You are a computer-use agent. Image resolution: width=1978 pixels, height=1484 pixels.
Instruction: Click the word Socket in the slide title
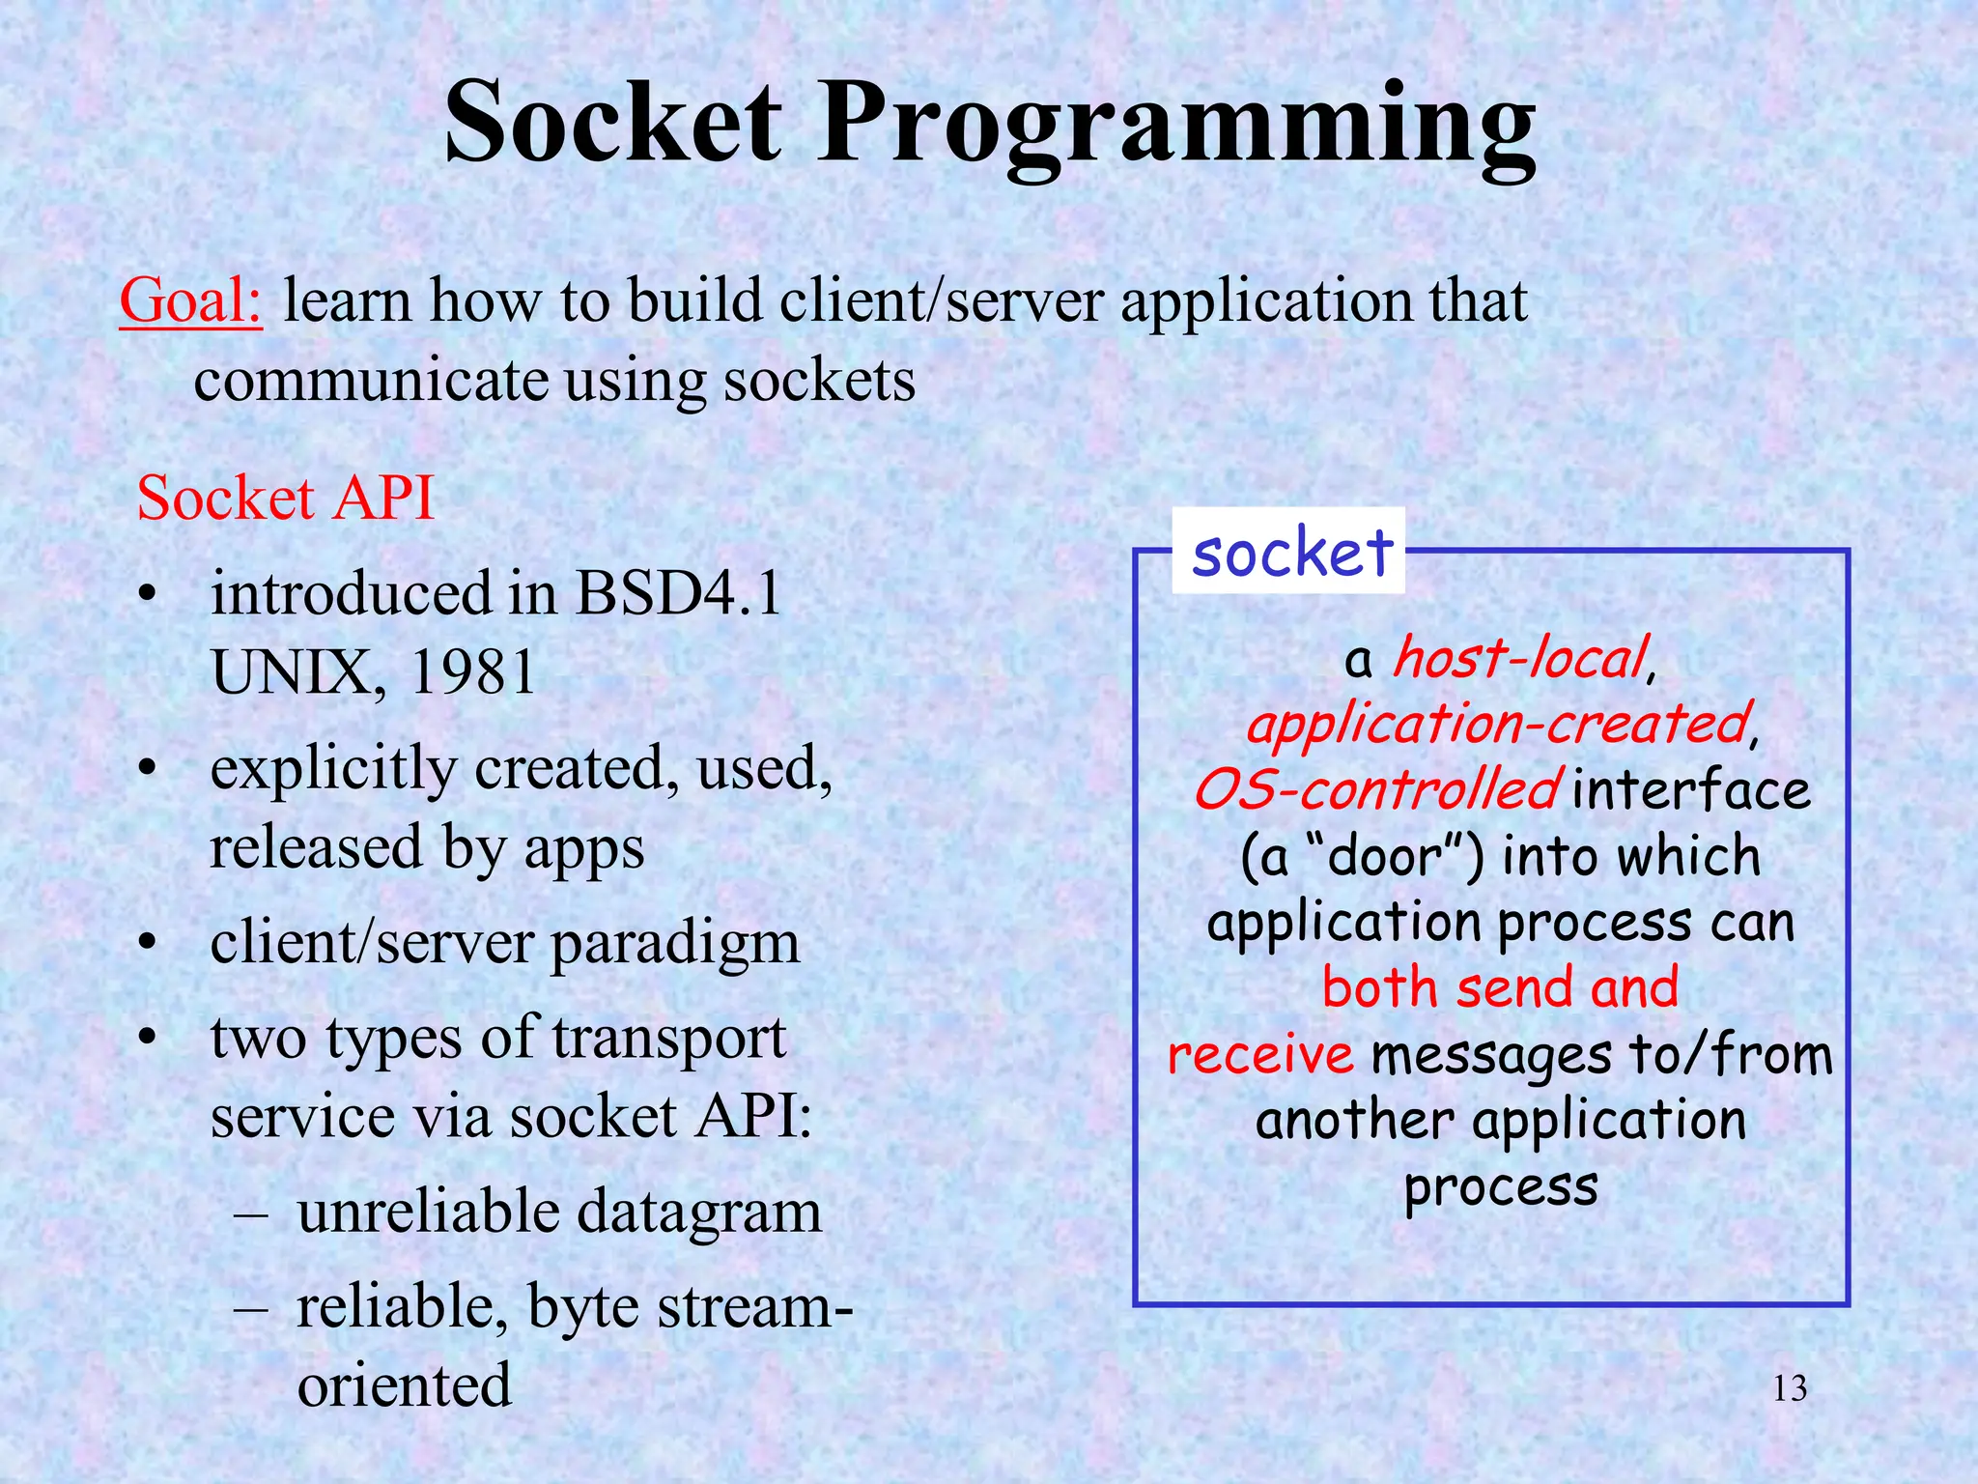point(611,124)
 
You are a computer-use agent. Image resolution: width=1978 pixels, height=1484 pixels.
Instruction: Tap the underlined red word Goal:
point(190,300)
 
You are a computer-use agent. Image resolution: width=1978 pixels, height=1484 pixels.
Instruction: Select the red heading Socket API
point(285,499)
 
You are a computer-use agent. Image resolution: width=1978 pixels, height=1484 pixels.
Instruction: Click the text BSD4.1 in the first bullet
point(678,592)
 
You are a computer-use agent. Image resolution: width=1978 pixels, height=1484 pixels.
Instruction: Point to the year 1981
point(472,671)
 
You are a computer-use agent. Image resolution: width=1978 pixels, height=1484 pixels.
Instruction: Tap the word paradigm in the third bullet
point(674,943)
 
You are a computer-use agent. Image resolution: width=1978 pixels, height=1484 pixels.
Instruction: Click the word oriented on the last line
point(404,1384)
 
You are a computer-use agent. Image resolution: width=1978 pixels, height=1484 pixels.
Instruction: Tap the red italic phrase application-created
point(1498,724)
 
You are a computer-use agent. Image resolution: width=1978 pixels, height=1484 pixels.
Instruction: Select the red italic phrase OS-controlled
point(1375,789)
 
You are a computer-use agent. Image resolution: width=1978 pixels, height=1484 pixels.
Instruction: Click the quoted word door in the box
point(1385,857)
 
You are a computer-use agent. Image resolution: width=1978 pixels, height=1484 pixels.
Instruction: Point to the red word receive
point(1260,1054)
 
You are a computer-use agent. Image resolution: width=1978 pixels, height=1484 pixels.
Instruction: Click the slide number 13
point(1790,1388)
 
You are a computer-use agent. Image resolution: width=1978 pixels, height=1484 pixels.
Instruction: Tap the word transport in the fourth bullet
point(668,1039)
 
